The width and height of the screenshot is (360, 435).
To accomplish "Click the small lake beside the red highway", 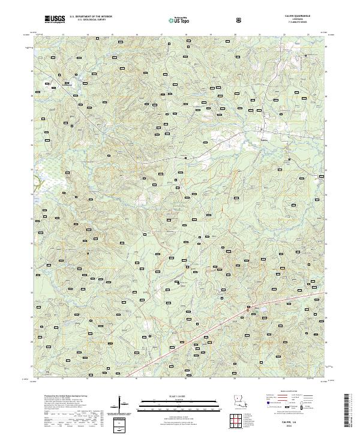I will pyautogui.click(x=262, y=310).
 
